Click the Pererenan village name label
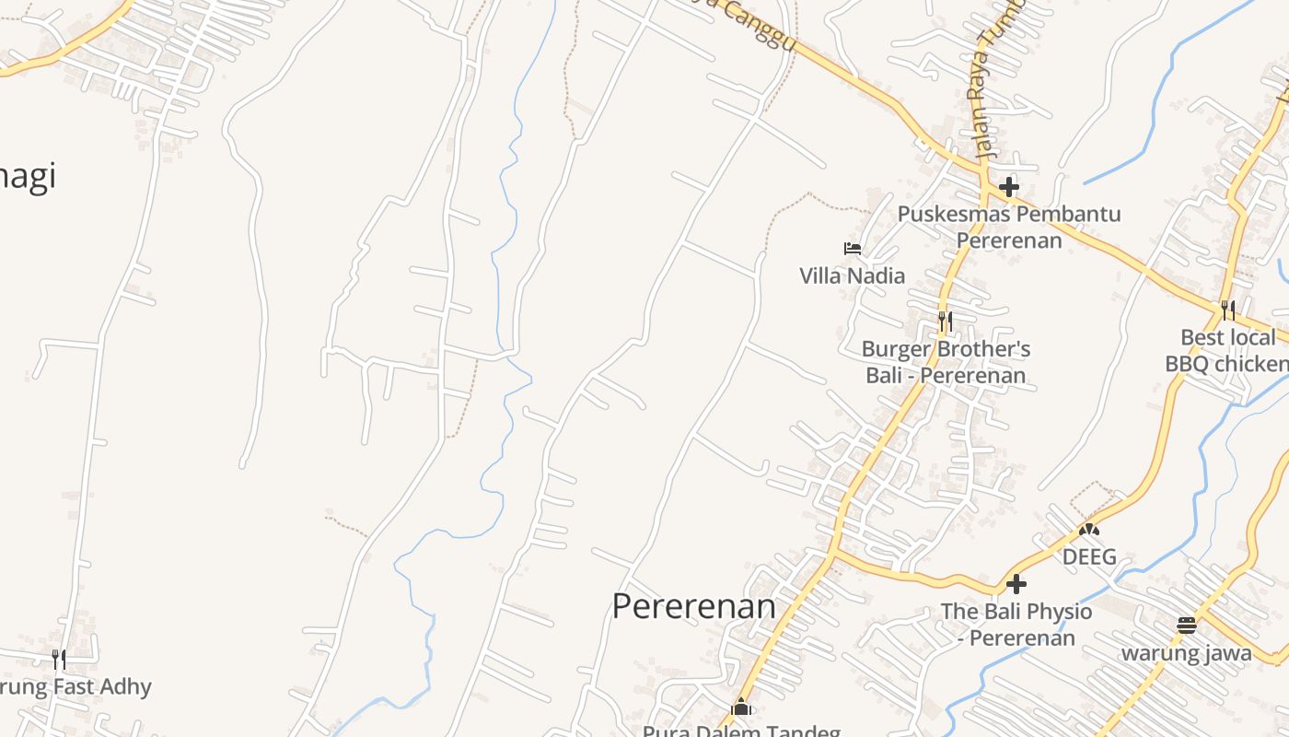[693, 606]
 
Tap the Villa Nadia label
[852, 275]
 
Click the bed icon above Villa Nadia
[852, 248]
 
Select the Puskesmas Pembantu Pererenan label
[1009, 227]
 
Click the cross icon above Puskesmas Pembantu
[1009, 187]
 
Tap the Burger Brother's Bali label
[946, 362]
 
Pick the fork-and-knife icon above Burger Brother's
[945, 322]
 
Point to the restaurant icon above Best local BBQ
[1227, 310]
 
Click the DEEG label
[1089, 557]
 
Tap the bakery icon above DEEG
[1089, 530]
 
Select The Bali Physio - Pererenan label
[1016, 625]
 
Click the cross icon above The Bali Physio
[1016, 584]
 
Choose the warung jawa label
[1186, 653]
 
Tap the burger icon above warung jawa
[1187, 626]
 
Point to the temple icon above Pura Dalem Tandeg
[741, 708]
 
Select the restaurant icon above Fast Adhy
[58, 659]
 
